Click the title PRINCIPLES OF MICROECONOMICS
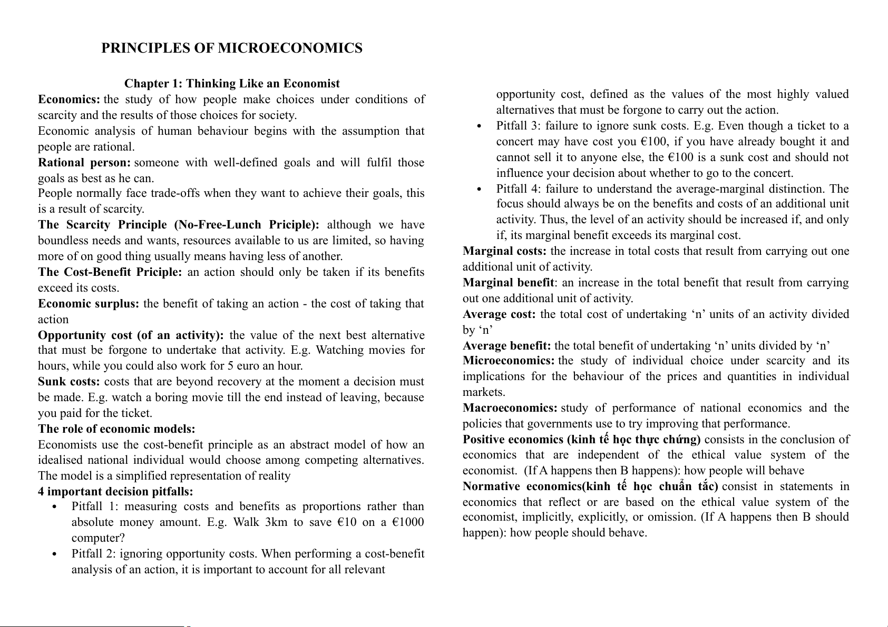232,48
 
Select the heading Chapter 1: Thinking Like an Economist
232,84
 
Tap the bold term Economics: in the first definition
69,99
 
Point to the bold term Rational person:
84,163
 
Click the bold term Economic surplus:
89,304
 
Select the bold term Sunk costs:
69,382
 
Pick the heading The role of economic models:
116,429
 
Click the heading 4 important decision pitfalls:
115,492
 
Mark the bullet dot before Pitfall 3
479,126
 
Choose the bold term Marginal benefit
508,283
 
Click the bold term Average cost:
499,314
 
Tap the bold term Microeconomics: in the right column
509,361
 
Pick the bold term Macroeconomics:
510,408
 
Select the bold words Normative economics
522,486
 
